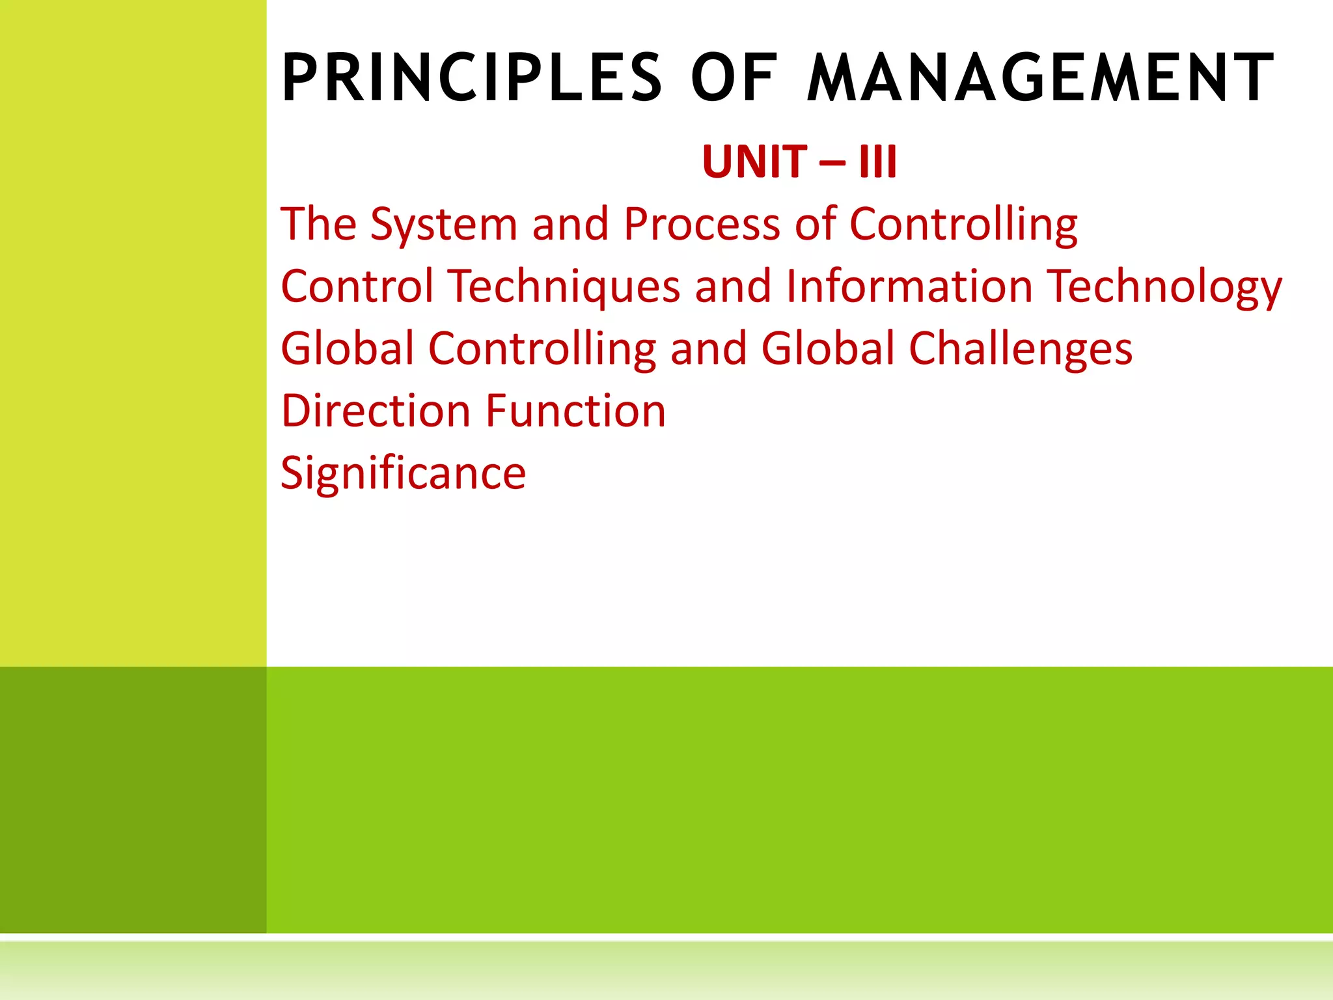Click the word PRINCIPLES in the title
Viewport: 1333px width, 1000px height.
point(472,78)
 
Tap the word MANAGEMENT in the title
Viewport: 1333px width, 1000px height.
point(1040,78)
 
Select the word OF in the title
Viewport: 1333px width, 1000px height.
point(734,78)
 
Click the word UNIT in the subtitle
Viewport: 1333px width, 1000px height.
point(754,161)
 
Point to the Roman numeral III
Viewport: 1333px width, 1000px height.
point(877,161)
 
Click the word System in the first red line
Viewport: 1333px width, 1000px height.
point(444,225)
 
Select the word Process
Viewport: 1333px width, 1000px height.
point(702,225)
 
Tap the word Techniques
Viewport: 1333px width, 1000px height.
point(564,287)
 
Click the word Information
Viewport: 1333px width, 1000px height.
point(909,286)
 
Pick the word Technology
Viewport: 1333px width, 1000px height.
point(1164,287)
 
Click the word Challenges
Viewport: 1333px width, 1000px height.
point(1020,350)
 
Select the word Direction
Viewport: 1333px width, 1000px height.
point(376,411)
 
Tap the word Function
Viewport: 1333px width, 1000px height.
point(576,411)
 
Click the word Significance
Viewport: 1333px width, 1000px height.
point(403,473)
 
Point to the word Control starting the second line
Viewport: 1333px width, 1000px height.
point(357,286)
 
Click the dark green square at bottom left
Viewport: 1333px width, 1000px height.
point(133,799)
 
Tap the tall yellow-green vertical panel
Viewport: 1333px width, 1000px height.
point(133,332)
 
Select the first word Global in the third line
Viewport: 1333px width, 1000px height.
point(347,348)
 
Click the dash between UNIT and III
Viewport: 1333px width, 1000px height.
point(833,163)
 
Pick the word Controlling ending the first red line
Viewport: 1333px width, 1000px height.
point(963,225)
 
